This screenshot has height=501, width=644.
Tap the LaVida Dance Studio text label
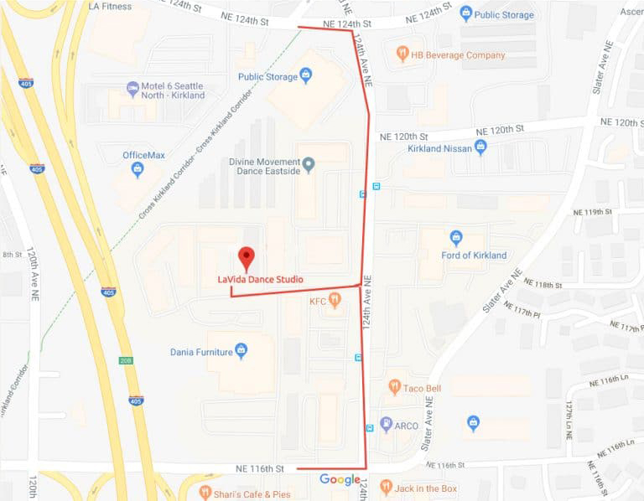(260, 279)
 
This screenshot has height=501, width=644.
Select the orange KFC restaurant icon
(335, 300)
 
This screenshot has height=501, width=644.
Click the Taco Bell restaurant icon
(394, 387)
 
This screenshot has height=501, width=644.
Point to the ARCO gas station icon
(386, 425)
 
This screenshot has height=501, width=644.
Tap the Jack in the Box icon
(385, 486)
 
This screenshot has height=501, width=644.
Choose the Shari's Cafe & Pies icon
(206, 493)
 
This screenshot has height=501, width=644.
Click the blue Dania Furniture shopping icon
(241, 351)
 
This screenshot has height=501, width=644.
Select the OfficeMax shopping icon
(138, 170)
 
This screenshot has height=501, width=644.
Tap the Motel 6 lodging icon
(132, 88)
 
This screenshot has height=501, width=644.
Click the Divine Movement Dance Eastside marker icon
(309, 163)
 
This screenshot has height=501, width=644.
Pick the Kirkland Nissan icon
(480, 147)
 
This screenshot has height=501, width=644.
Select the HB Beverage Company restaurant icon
(402, 54)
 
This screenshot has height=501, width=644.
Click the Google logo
(340, 480)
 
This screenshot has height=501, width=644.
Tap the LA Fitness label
(109, 7)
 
